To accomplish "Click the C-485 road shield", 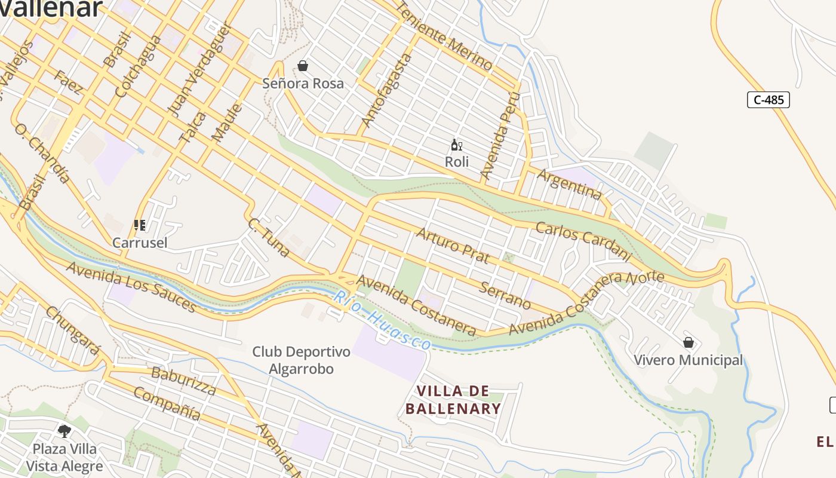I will point(768,100).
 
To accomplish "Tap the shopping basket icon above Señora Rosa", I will point(303,66).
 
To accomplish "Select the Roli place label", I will point(456,162).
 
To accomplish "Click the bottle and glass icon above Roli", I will point(456,145).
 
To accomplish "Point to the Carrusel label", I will point(140,243).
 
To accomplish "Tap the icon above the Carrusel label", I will point(140,225).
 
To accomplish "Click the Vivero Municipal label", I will point(688,360).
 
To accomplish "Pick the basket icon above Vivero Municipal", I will point(688,342).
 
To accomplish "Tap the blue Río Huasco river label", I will point(382,321).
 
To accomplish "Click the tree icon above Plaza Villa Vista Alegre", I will point(64,431).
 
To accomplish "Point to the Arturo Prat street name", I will point(453,245).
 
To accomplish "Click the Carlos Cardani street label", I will point(583,241).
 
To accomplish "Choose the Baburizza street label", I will point(183,381).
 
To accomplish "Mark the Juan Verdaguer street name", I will point(199,71).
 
